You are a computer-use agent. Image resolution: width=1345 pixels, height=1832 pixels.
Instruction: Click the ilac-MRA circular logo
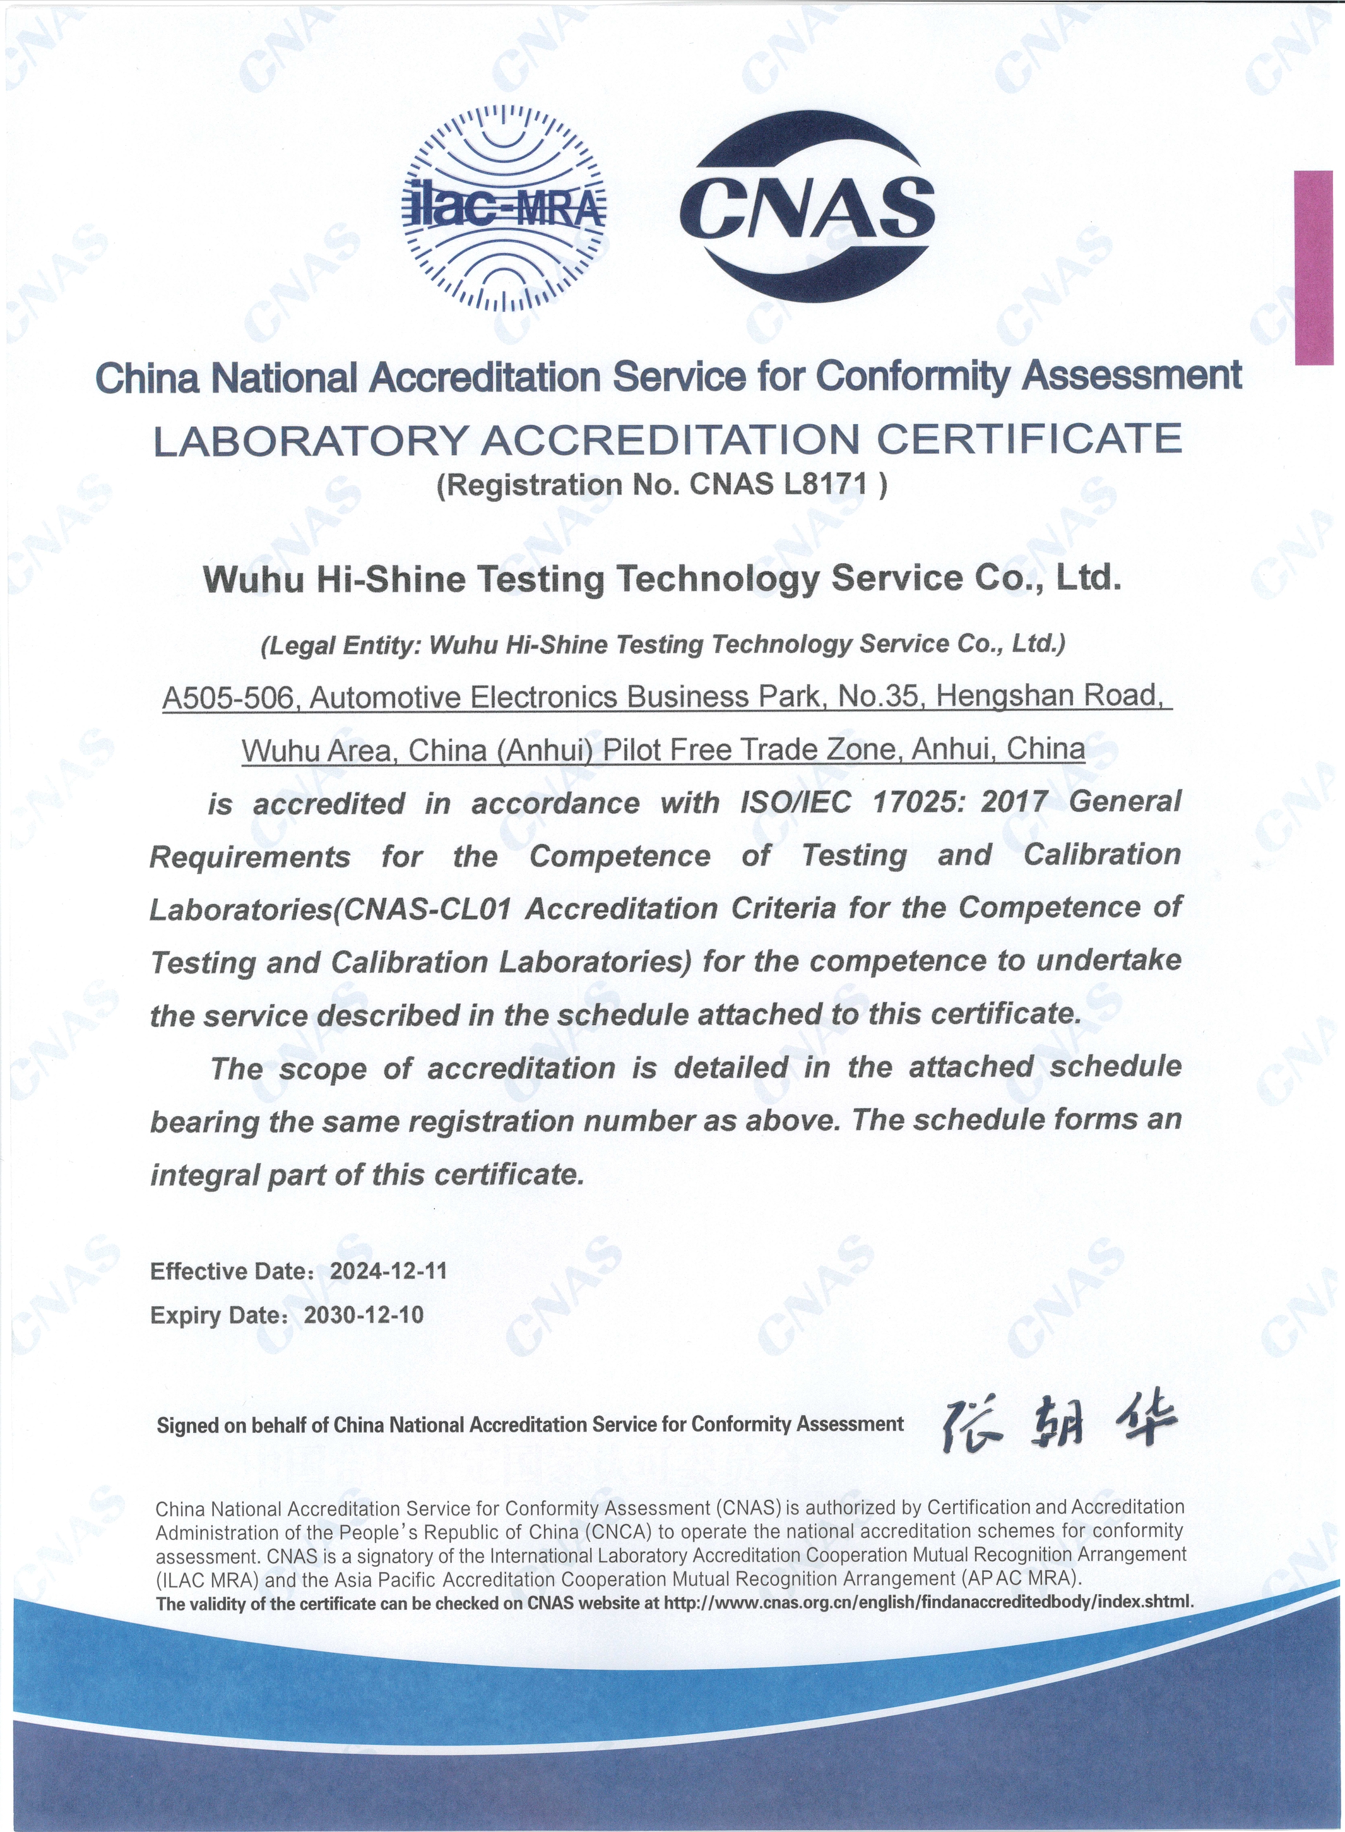(505, 208)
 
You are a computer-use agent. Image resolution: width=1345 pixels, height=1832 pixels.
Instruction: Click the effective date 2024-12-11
(388, 1271)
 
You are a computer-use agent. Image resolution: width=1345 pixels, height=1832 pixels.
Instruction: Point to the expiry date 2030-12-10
(363, 1314)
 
